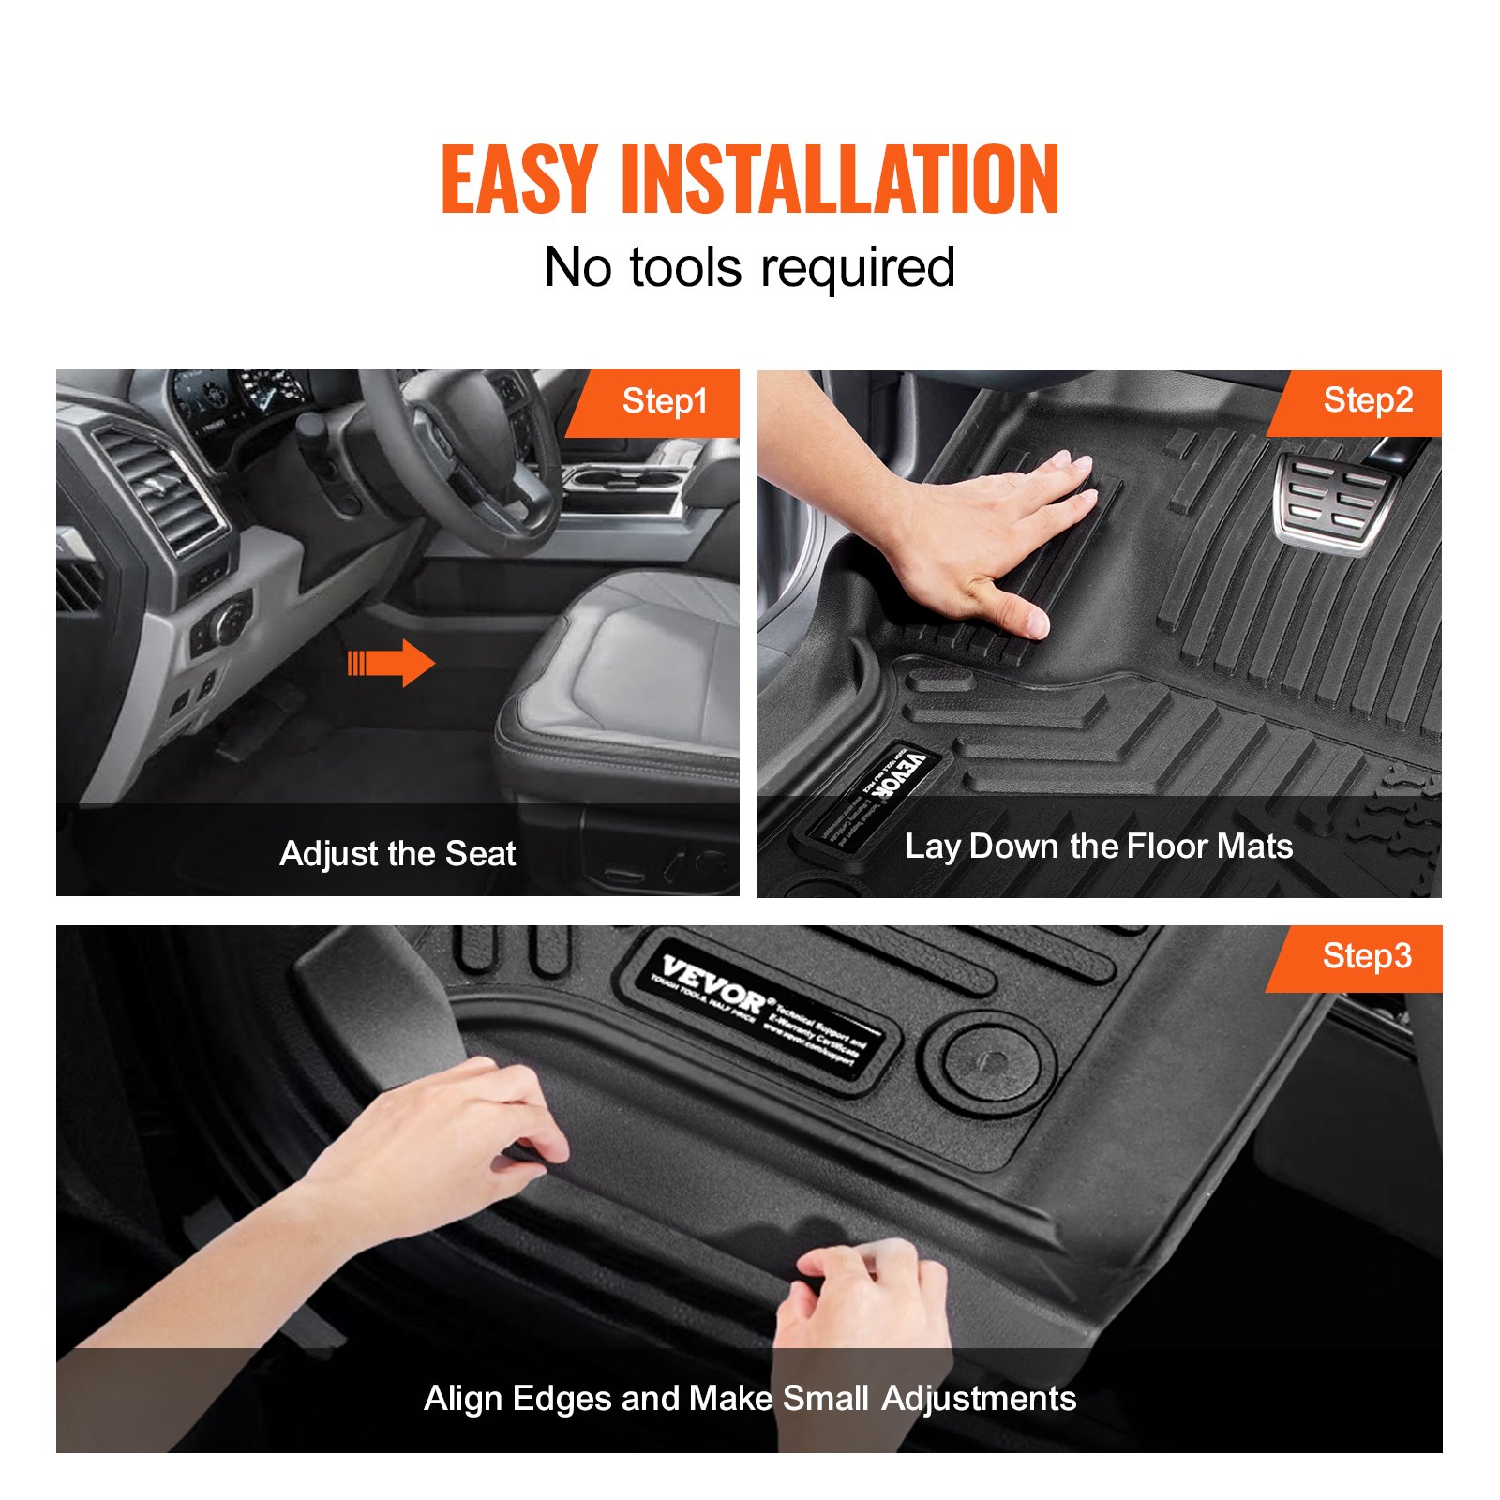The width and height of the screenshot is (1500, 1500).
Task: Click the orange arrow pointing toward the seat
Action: click(x=392, y=663)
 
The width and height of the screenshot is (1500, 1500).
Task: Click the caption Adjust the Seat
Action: click(x=397, y=853)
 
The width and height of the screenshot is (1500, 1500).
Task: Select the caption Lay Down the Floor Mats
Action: click(x=1099, y=847)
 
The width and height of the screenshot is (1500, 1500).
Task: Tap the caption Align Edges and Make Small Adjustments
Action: click(x=750, y=1398)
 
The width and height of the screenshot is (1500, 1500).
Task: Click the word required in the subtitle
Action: click(x=858, y=268)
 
